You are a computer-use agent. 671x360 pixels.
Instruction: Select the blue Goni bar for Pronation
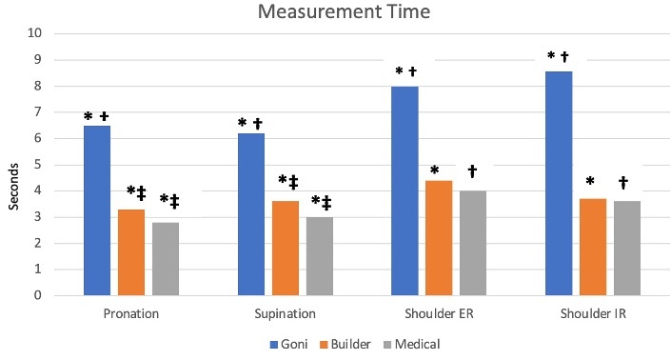pyautogui.click(x=97, y=210)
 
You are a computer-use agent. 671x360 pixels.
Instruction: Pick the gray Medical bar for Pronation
pyautogui.click(x=166, y=259)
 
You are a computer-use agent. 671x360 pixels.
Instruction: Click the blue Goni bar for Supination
pyautogui.click(x=251, y=214)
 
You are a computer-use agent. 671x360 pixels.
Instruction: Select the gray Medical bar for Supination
pyautogui.click(x=320, y=256)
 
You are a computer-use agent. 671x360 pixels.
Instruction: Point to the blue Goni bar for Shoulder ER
pyautogui.click(x=405, y=190)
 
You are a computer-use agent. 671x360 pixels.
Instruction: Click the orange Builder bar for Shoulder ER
pyautogui.click(x=440, y=238)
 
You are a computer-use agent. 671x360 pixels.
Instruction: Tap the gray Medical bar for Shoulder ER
pyautogui.click(x=473, y=243)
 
